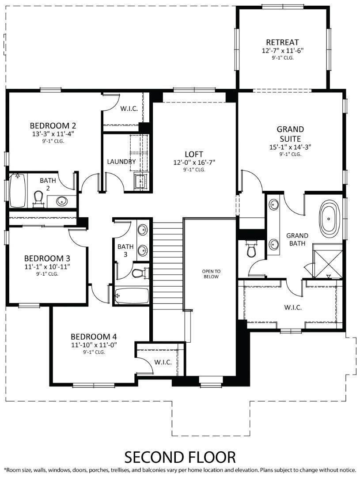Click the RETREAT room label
tap(283, 42)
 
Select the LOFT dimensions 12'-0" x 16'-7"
tap(194, 163)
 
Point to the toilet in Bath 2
tap(38, 198)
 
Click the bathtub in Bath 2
tap(18, 191)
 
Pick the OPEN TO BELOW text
tap(211, 274)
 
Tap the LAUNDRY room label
tap(121, 162)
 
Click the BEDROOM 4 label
tap(94, 337)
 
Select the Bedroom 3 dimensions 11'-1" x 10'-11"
tap(47, 267)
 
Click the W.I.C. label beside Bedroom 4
tap(163, 362)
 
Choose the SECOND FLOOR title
tap(180, 457)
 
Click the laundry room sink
tap(141, 182)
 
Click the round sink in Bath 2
tap(62, 201)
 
